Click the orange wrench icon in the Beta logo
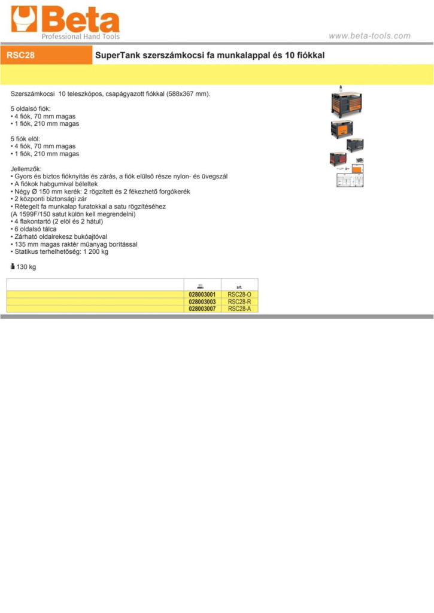[x=24, y=19]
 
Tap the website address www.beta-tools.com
[x=369, y=36]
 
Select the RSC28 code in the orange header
[x=21, y=55]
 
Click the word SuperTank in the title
[x=117, y=56]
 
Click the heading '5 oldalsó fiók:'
[x=31, y=109]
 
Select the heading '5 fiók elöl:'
[x=25, y=139]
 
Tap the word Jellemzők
[x=26, y=169]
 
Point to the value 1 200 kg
[x=96, y=252]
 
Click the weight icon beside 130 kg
[x=13, y=266]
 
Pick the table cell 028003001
[x=202, y=295]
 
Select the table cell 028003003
[x=202, y=302]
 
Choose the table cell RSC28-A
[x=239, y=309]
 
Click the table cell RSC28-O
[x=239, y=295]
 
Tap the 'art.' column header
[x=239, y=287]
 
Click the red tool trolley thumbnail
[x=338, y=159]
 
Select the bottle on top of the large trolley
[x=341, y=89]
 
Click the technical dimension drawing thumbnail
[x=350, y=180]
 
